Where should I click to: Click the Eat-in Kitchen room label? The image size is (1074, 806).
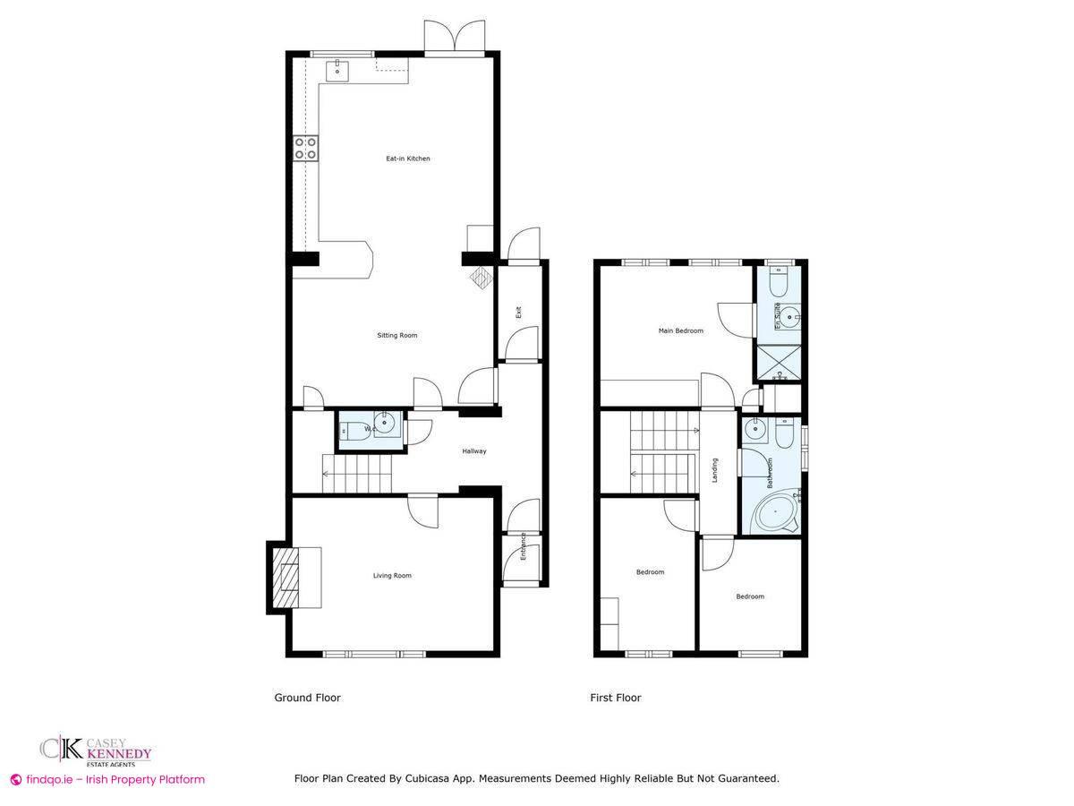tap(407, 159)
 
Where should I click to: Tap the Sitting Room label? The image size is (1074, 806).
tap(396, 336)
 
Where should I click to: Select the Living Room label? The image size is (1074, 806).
tap(392, 576)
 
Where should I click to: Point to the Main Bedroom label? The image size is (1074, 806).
tap(680, 330)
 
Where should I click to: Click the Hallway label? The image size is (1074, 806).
tap(473, 451)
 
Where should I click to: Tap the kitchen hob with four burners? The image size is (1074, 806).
tap(306, 149)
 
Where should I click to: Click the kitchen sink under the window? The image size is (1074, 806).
tap(340, 69)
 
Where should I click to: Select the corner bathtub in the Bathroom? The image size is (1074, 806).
tap(774, 513)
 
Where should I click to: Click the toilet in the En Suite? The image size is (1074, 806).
tap(777, 284)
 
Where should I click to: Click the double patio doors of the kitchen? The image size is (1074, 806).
tap(456, 39)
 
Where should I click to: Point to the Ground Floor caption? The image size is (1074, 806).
tap(307, 698)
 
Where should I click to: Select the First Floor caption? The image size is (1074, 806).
tap(615, 698)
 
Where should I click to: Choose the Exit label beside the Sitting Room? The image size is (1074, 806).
tap(517, 313)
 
